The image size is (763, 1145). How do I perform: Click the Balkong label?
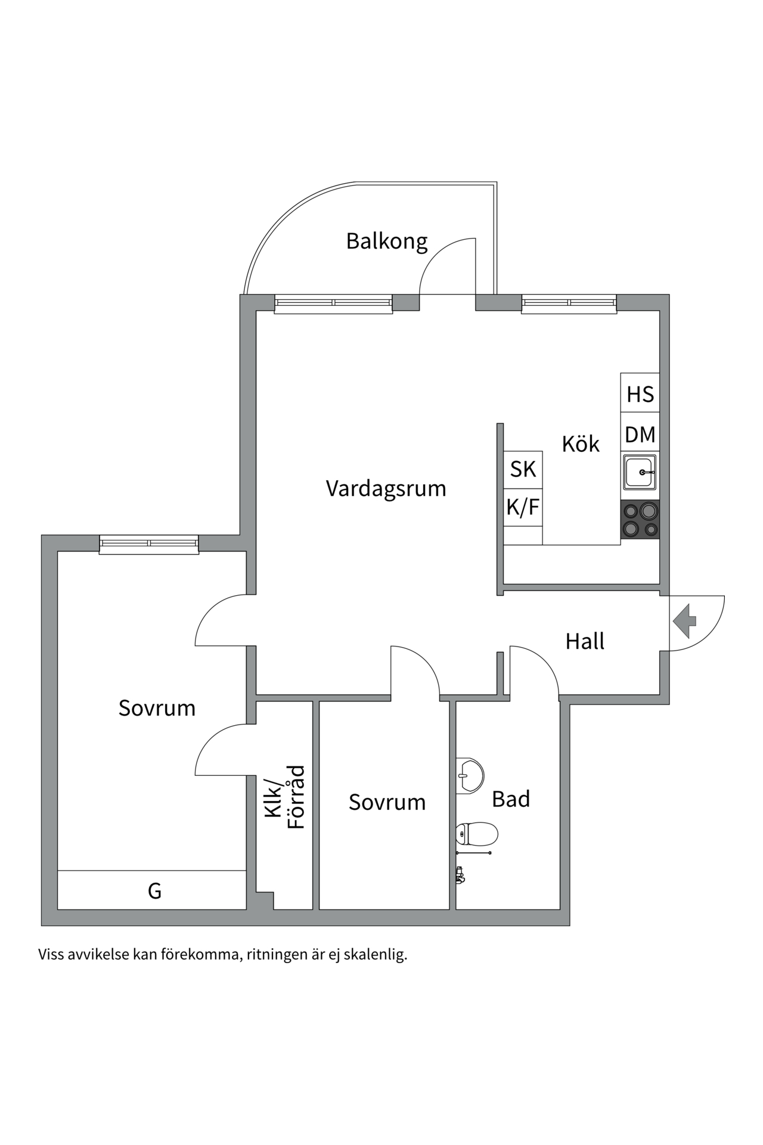click(x=387, y=242)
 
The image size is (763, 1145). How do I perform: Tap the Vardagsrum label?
click(x=386, y=488)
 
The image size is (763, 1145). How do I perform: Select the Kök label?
click(x=580, y=444)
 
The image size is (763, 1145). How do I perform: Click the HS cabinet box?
click(x=640, y=394)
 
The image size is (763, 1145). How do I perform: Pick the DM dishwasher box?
click(x=640, y=435)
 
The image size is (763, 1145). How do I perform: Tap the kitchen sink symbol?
click(x=640, y=472)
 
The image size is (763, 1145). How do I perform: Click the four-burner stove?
click(x=640, y=519)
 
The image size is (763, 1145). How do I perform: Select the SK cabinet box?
click(x=523, y=469)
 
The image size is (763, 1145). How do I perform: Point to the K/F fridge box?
click(x=523, y=507)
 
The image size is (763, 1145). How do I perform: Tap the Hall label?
click(x=584, y=642)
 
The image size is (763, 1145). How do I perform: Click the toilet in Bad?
click(x=477, y=834)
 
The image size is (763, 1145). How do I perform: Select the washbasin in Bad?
click(x=470, y=776)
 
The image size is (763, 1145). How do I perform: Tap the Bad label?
click(x=511, y=799)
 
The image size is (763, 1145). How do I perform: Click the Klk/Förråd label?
click(x=285, y=798)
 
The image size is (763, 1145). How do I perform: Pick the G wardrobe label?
click(x=154, y=891)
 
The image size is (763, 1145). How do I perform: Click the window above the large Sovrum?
click(x=148, y=544)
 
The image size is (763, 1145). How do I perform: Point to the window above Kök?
click(x=569, y=304)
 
